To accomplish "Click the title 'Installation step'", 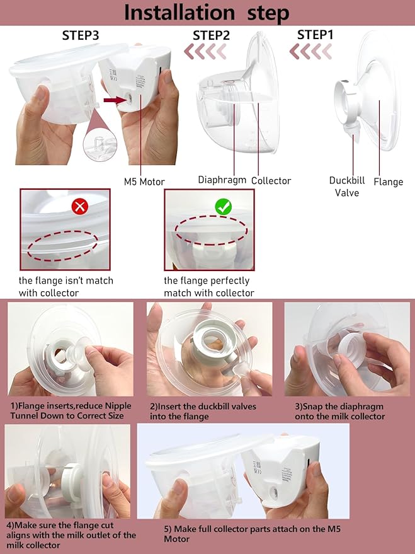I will tap(207, 13).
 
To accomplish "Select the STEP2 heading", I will tap(211, 35).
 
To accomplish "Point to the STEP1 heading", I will tap(315, 35).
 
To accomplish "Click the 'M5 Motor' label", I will tap(144, 182).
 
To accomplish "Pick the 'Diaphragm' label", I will tap(222, 180).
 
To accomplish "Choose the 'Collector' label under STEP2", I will tap(271, 180).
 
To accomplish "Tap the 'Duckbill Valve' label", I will tap(347, 187).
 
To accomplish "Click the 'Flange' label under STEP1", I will tap(388, 182).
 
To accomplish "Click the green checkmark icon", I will tap(224, 206).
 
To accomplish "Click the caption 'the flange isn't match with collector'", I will tap(66, 287).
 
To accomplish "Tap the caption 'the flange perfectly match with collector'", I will tap(208, 287).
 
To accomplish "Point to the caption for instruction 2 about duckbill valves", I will tap(203, 411).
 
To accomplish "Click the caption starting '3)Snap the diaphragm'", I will tap(340, 411).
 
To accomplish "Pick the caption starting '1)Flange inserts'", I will tap(71, 411).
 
